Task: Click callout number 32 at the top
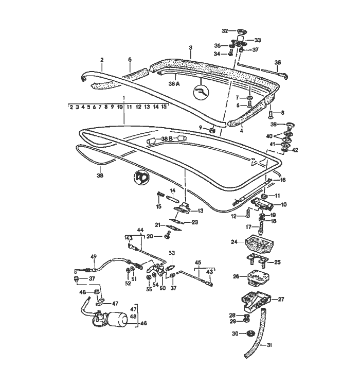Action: (x=225, y=30)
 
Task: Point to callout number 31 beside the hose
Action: (x=269, y=346)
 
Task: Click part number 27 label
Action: (x=281, y=299)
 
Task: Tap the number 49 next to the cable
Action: (x=94, y=257)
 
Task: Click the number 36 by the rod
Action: (x=278, y=63)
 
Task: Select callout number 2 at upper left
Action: (x=102, y=60)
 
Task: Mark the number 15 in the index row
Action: (x=164, y=107)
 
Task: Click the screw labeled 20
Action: (x=167, y=236)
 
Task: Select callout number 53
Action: (x=172, y=253)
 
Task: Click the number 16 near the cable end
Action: (x=282, y=180)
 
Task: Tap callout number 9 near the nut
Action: (x=201, y=127)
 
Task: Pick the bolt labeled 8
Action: (x=271, y=113)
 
